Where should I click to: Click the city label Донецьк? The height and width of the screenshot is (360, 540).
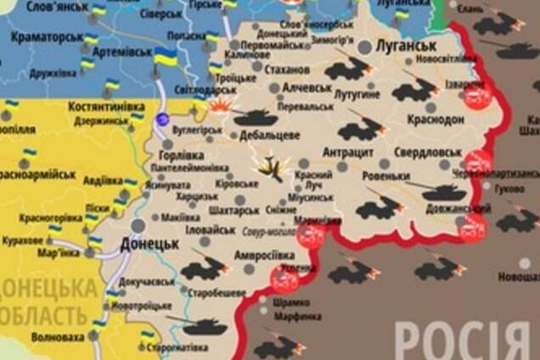(149, 243)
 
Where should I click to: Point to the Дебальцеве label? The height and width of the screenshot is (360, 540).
(269, 135)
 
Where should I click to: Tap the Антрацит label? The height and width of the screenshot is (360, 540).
(348, 152)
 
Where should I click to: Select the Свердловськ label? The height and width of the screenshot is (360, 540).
(428, 152)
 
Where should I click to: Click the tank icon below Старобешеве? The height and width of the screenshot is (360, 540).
(204, 325)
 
